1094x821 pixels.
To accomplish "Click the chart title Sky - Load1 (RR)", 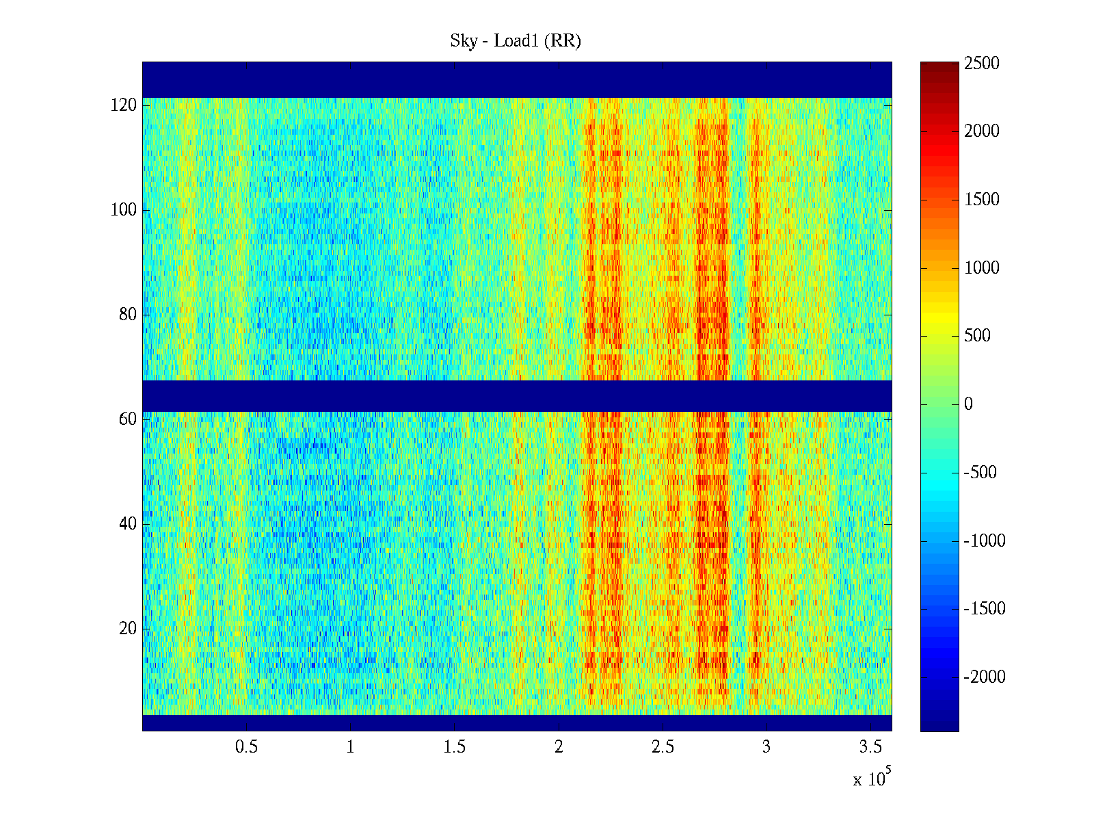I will (x=515, y=41).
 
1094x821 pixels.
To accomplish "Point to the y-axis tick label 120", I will (x=124, y=105).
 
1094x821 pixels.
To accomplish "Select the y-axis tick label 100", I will (x=124, y=210).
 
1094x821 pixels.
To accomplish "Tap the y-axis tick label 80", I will (x=128, y=315).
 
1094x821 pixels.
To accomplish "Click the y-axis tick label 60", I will (x=128, y=419).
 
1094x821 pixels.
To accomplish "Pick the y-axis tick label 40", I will (x=128, y=524).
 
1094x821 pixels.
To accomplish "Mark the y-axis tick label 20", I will (x=128, y=629).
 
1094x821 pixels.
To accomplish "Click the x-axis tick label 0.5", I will (x=246, y=747).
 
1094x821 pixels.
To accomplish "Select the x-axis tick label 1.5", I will (x=454, y=747).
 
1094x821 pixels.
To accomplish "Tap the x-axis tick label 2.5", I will (x=663, y=747).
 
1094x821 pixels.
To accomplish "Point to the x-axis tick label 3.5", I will (x=870, y=747).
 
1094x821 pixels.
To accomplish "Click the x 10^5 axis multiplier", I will (x=871, y=779).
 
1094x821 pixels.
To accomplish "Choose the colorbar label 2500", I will (x=982, y=64).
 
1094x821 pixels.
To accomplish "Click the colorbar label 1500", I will (x=982, y=200).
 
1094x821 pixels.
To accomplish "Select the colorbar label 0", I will (x=968, y=404).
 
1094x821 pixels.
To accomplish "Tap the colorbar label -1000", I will (x=985, y=541).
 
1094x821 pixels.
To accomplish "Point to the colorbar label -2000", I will (x=985, y=677).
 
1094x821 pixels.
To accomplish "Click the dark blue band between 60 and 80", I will (x=517, y=396).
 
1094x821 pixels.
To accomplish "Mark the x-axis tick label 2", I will (x=559, y=747).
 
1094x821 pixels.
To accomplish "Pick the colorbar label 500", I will (x=977, y=336).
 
